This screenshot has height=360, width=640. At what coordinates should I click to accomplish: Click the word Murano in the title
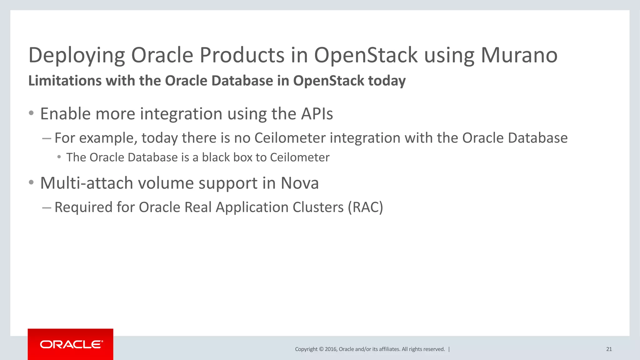pyautogui.click(x=519, y=55)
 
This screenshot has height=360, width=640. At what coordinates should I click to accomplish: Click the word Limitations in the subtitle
pyautogui.click(x=65, y=81)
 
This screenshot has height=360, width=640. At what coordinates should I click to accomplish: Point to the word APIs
pyautogui.click(x=317, y=114)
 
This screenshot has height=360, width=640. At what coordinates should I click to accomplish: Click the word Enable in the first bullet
pyautogui.click(x=65, y=114)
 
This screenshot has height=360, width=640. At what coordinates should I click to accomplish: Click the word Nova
pyautogui.click(x=299, y=183)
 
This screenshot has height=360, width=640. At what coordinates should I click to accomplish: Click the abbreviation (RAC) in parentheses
pyautogui.click(x=365, y=207)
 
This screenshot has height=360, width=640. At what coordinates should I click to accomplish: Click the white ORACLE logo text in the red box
pyautogui.click(x=71, y=344)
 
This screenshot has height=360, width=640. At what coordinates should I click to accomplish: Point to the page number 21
pyautogui.click(x=609, y=349)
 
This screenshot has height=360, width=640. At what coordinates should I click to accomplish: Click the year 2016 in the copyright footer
pyautogui.click(x=330, y=349)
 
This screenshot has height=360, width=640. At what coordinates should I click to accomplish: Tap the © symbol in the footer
pyautogui.click(x=321, y=349)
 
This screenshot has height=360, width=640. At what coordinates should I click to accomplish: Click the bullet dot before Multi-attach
pyautogui.click(x=31, y=182)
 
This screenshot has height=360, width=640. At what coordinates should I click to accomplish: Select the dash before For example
pyautogui.click(x=47, y=138)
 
